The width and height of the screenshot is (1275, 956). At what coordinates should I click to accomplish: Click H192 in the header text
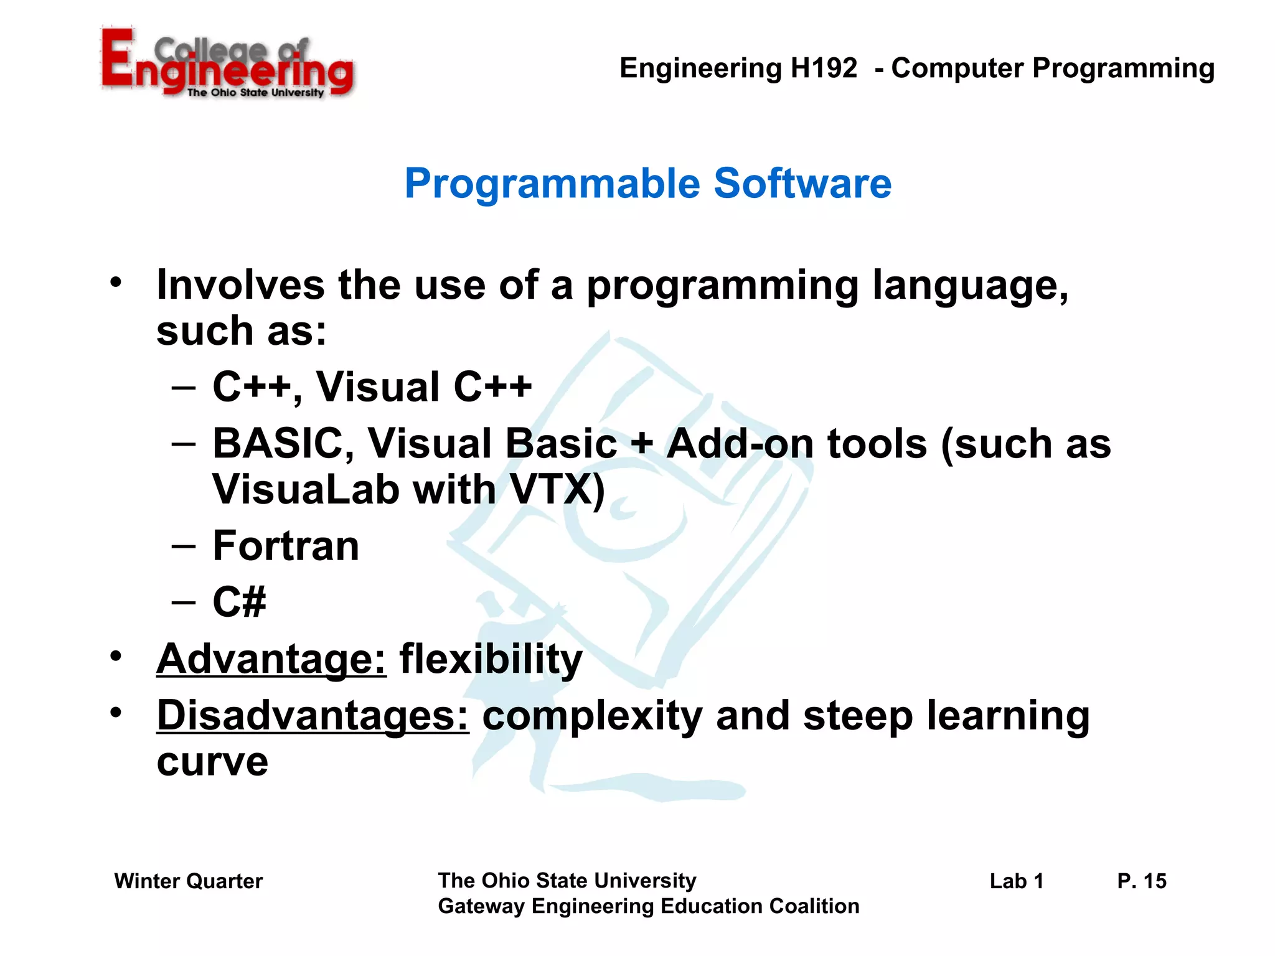(x=823, y=68)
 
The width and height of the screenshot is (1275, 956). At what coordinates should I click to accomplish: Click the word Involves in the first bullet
(x=240, y=285)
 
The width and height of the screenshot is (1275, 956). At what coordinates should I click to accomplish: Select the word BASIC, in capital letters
(x=283, y=444)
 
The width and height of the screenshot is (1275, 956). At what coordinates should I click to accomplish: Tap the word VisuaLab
(x=305, y=489)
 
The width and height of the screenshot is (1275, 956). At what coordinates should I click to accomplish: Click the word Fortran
(x=286, y=546)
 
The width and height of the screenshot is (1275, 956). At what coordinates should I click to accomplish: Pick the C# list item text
(x=239, y=602)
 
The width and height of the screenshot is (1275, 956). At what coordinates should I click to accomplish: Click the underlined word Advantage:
(x=271, y=659)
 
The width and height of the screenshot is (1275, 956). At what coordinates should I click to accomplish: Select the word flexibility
(x=491, y=659)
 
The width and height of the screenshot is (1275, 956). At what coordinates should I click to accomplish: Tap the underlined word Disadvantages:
(x=313, y=716)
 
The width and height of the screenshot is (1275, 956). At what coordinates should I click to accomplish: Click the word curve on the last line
(x=212, y=762)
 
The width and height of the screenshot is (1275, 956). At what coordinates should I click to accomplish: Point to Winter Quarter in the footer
(x=189, y=881)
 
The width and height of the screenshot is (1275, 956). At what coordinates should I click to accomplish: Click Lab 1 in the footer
(x=1016, y=881)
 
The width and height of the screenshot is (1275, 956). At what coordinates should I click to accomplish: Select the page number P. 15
(x=1141, y=881)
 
